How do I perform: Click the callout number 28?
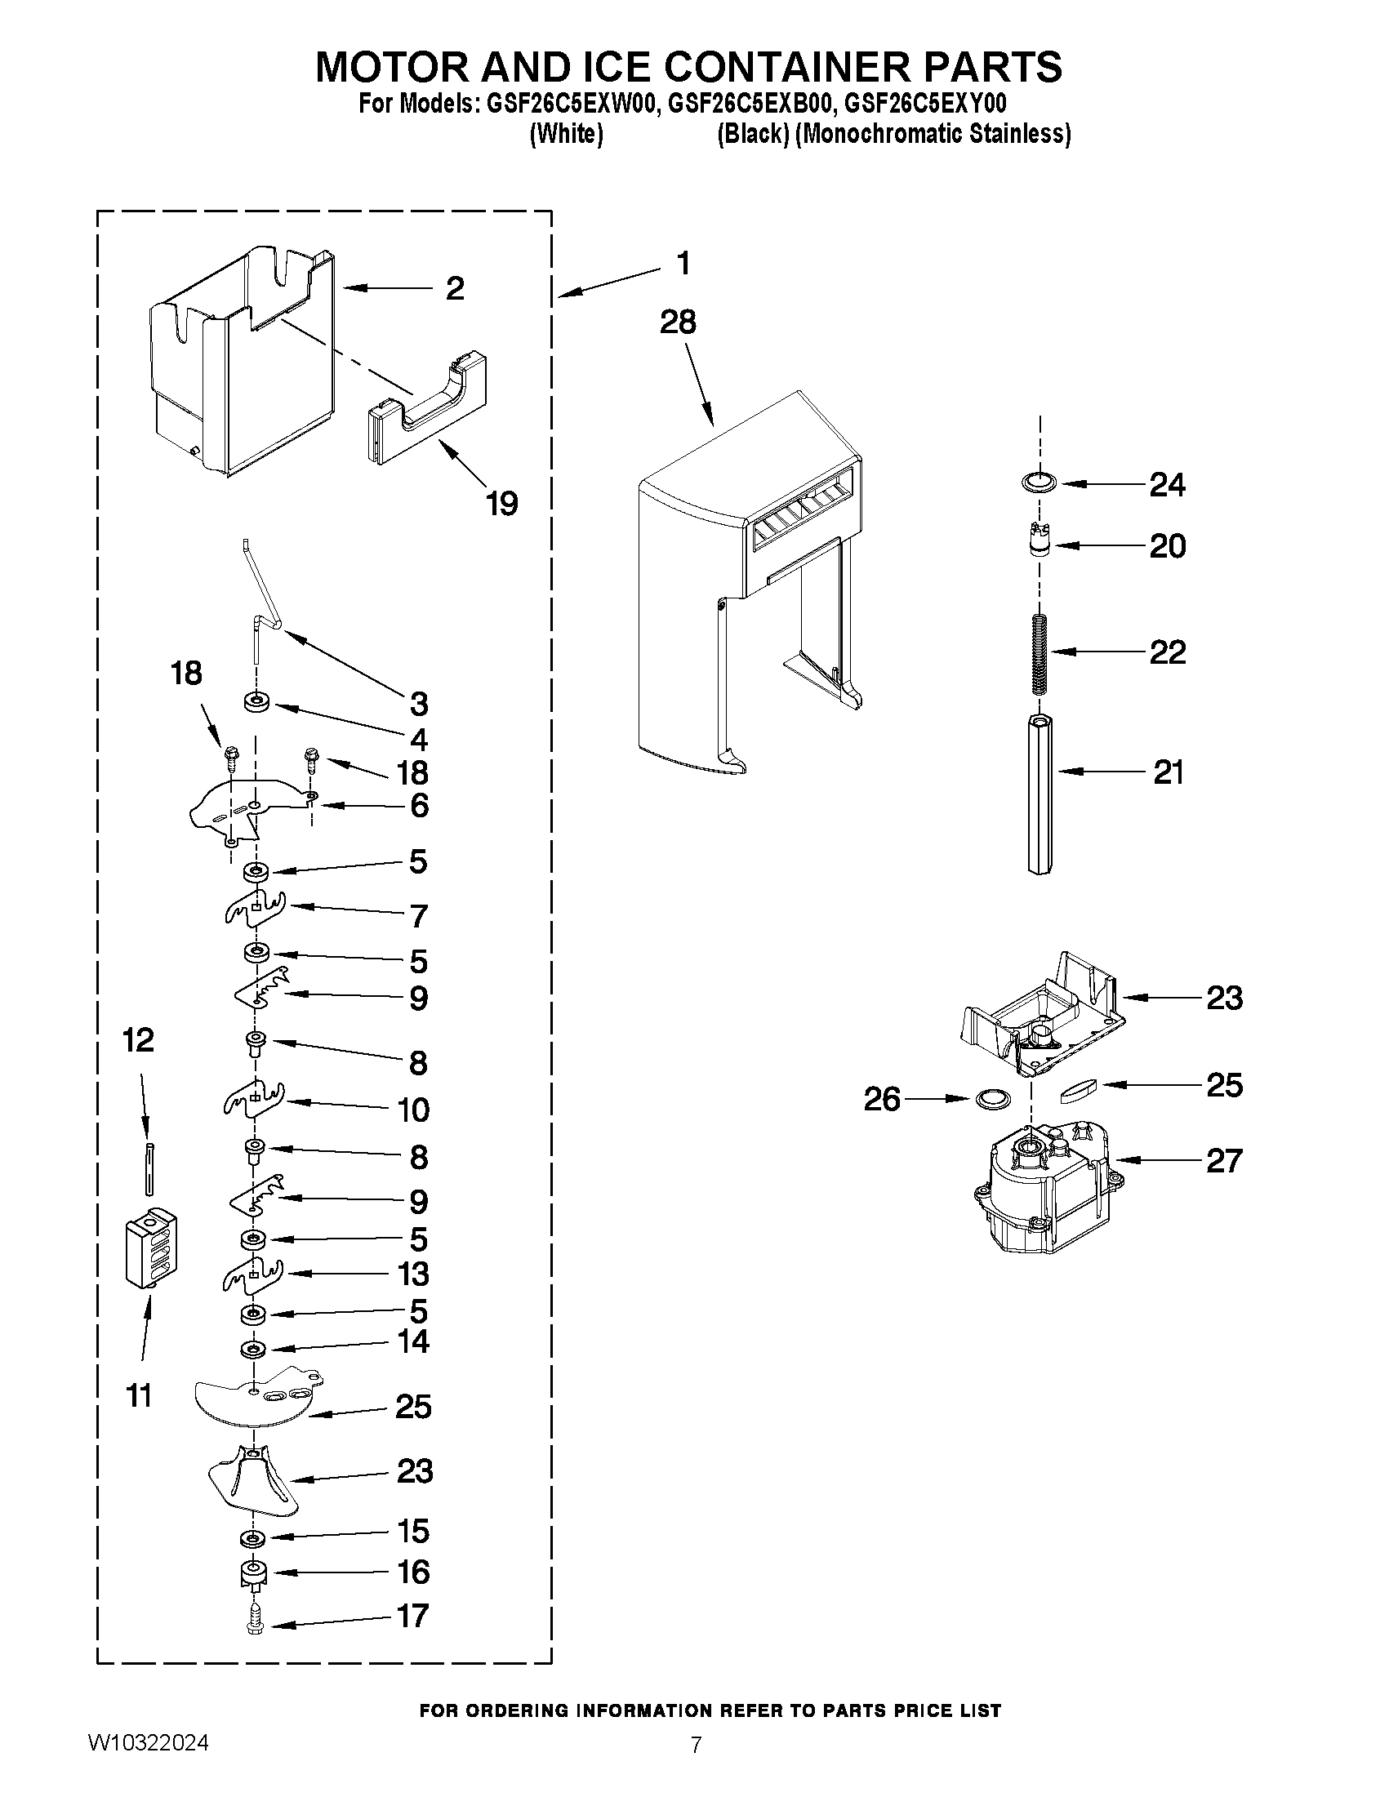[x=677, y=322]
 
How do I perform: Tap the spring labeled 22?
[x=1040, y=652]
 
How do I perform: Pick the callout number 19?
[x=501, y=503]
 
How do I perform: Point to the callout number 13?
[x=414, y=1274]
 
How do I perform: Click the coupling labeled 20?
[x=1040, y=544]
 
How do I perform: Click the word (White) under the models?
[x=566, y=134]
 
